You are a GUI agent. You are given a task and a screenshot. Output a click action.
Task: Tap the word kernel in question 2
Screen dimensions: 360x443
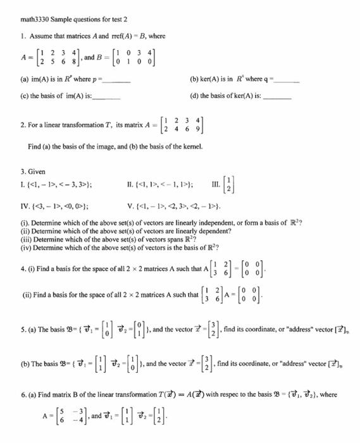tap(190, 147)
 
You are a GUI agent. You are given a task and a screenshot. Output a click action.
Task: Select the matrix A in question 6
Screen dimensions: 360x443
tap(61, 420)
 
